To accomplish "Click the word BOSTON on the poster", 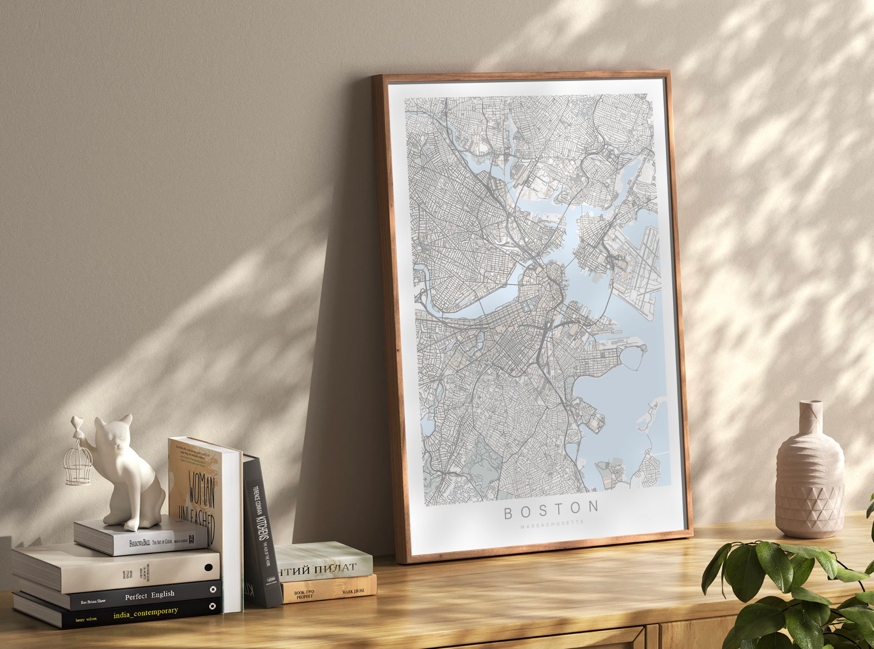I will pos(551,511).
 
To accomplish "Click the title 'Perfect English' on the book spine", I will pos(150,595).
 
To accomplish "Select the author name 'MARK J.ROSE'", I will pos(353,591).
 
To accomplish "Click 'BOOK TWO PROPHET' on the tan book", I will pos(304,594).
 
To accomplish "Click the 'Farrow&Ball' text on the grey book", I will pos(139,543).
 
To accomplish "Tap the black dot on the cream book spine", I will pos(209,568).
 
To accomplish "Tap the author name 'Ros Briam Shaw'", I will pos(93,601).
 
